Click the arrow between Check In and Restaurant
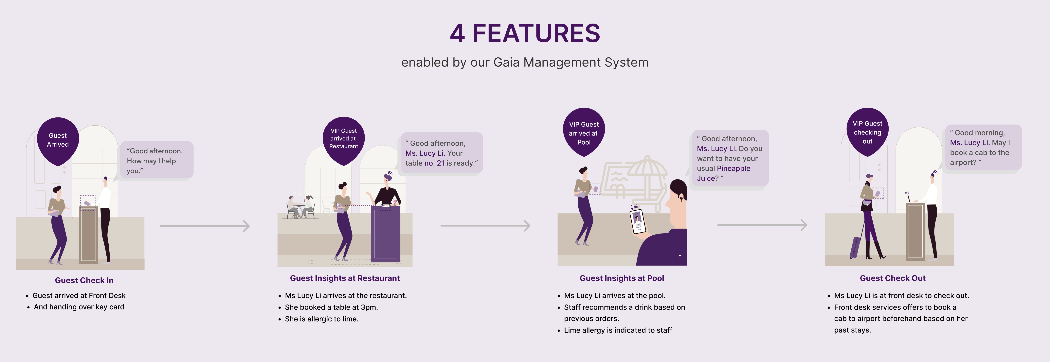coord(205,226)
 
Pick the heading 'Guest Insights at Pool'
coord(622,278)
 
